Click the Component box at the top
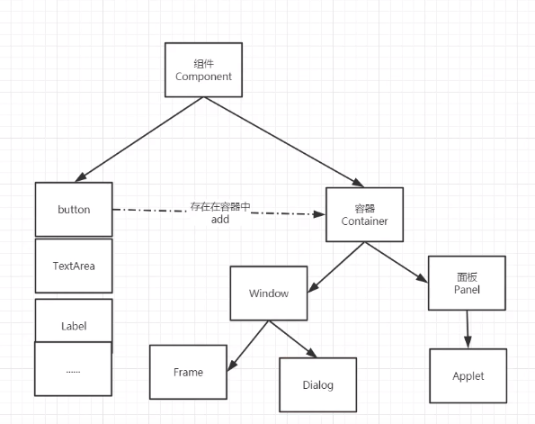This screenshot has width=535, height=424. coord(203,69)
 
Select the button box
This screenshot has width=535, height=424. coord(74,209)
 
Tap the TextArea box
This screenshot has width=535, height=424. coord(74,266)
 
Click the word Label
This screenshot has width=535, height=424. coord(74,326)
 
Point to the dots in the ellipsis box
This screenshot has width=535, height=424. coord(73,372)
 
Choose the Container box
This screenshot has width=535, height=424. coord(364,214)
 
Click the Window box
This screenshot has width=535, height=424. coord(269,293)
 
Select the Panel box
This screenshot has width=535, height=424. coord(467,283)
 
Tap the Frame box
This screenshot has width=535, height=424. coord(188,372)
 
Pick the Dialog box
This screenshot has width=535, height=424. coord(317,384)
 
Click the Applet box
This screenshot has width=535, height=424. coord(468,375)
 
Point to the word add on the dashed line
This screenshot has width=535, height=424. coord(220,220)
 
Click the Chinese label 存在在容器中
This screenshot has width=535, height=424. coord(220,206)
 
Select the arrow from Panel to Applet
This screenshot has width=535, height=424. coord(468,329)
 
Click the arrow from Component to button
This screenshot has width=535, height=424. coord(139,140)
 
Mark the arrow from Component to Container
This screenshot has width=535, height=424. coord(284,142)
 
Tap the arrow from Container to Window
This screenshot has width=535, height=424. coord(336,267)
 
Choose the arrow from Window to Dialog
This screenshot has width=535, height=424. coord(293,338)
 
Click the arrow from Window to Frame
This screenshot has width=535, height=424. coord(248,346)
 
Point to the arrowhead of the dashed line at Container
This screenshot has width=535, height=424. coord(319,214)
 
